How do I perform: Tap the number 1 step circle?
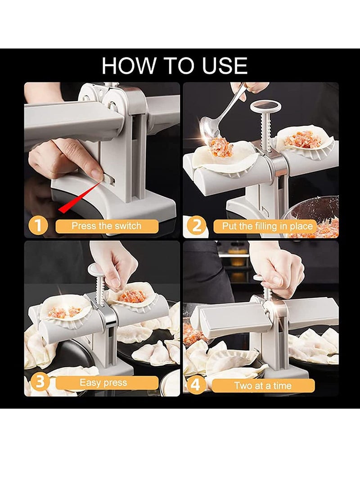coord(38,225)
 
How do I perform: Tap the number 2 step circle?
coord(197,225)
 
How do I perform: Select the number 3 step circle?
coord(40,383)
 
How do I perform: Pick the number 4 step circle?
coord(197,385)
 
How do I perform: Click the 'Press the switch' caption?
coord(107,226)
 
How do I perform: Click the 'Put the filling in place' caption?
coord(267,226)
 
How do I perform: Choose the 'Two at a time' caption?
coord(263,386)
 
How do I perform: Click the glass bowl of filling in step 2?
coord(315,216)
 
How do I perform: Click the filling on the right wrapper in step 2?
coord(302,140)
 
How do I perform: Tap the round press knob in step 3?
coord(96,270)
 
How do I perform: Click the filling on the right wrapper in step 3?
coord(132,296)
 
